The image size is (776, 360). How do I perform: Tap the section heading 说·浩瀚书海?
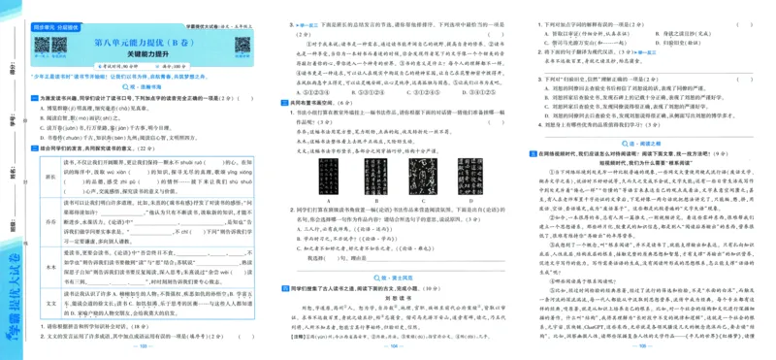[144, 85]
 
